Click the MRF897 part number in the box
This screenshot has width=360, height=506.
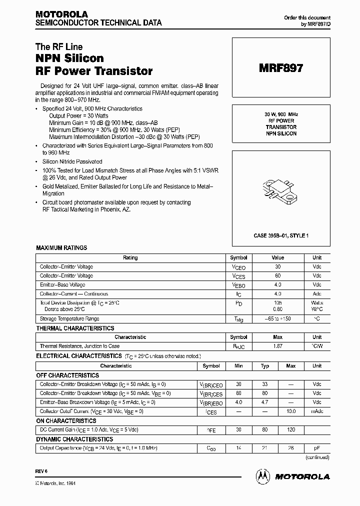280,68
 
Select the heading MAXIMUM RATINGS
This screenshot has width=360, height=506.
61,248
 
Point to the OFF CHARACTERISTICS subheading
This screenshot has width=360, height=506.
67,375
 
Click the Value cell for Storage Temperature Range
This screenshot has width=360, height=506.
277,319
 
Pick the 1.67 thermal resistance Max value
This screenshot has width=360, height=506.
277,346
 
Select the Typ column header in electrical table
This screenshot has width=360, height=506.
265,366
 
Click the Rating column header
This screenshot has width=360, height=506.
130,258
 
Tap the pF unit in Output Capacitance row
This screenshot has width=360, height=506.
317,448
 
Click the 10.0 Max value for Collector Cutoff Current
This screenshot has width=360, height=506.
291,411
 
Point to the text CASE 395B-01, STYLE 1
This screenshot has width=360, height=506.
280,235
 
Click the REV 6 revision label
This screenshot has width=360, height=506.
41,471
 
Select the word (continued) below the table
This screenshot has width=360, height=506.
317,457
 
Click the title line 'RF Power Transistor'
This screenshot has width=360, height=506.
94,71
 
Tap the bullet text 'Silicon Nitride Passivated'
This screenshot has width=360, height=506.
72,161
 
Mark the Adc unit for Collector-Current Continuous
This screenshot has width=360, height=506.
317,294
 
